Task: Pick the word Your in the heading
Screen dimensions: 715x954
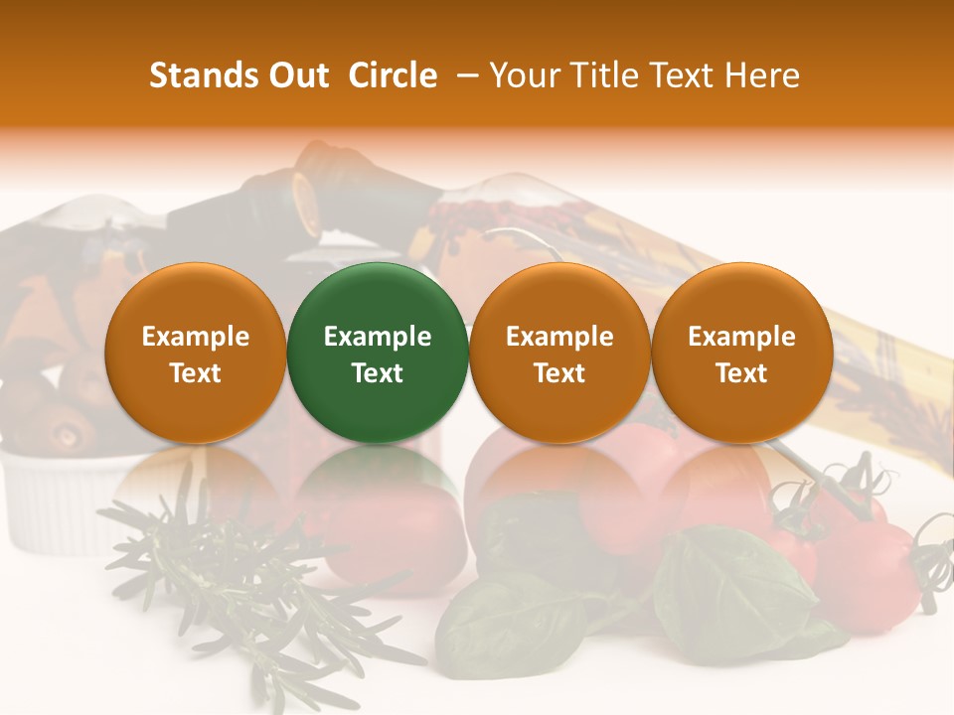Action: point(526,75)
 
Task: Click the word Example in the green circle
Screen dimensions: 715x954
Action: point(378,337)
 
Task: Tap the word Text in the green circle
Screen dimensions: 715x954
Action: point(378,373)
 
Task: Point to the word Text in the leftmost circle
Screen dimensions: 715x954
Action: point(196,373)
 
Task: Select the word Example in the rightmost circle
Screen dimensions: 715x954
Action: point(742,337)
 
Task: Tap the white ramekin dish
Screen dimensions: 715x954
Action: point(50,497)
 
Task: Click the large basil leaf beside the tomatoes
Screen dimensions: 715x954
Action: point(725,586)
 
